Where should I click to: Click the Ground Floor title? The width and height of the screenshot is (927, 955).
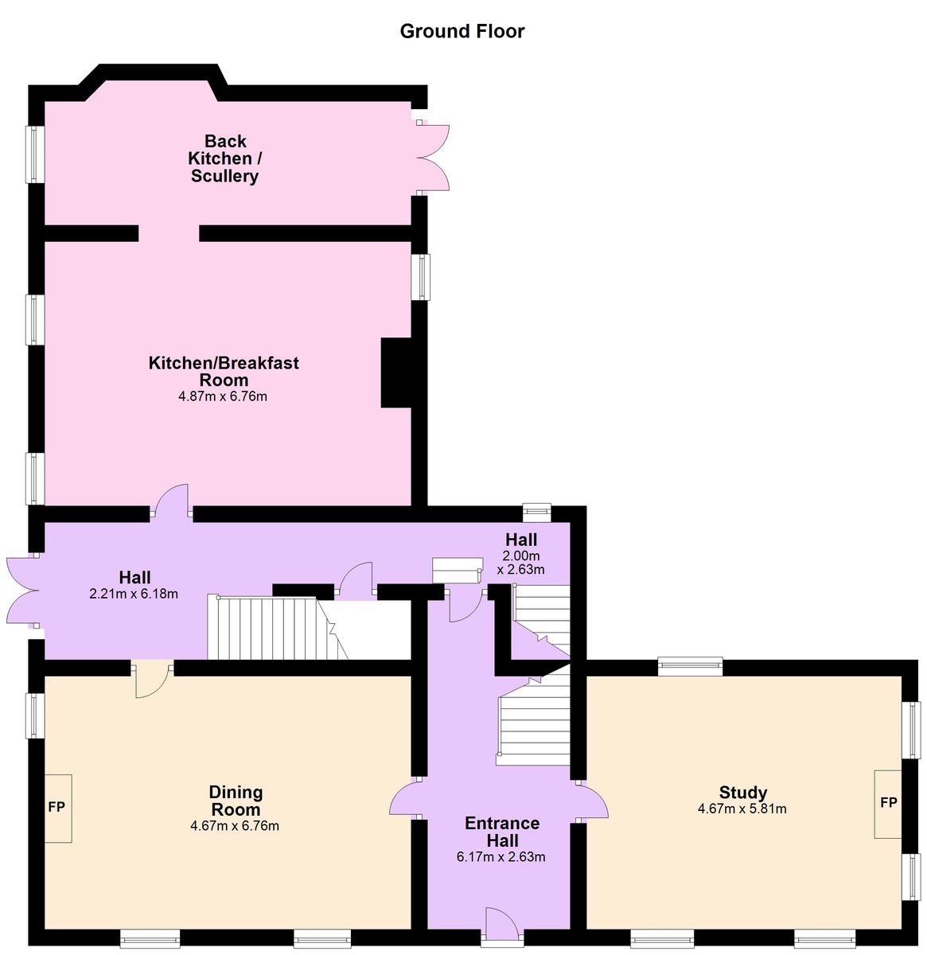[462, 31]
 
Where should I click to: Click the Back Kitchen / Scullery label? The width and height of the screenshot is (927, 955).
[225, 158]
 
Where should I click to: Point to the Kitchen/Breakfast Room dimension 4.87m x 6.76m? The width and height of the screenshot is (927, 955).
[223, 396]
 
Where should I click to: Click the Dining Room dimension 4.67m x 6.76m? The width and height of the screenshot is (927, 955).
[235, 825]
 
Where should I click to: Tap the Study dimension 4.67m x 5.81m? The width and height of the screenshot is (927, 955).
[742, 809]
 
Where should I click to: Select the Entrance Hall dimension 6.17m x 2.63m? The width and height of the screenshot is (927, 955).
[501, 856]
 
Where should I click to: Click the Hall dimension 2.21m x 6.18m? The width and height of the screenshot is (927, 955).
[134, 594]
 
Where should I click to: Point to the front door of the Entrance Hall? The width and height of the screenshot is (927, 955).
[502, 925]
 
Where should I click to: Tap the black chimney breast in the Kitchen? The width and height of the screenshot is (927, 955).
[395, 372]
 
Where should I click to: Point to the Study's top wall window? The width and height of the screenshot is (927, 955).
[690, 665]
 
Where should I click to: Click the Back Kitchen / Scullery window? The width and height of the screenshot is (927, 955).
[35, 154]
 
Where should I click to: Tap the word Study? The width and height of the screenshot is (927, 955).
[742, 792]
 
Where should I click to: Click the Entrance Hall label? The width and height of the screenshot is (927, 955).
[502, 832]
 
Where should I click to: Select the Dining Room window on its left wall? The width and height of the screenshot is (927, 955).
[35, 715]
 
